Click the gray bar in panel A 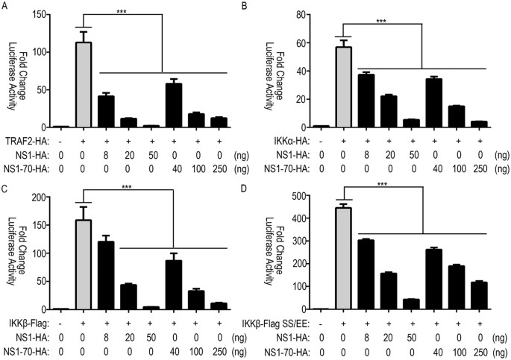click(89, 86)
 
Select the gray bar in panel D click(345, 259)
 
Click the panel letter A click(6, 7)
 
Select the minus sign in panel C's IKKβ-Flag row click(66, 320)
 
